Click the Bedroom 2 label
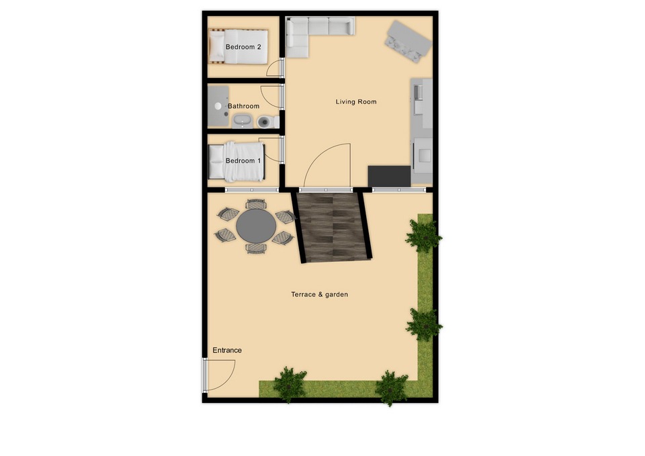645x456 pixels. pos(243,47)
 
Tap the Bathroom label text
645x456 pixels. pos(243,106)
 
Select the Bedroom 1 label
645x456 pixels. pos(243,161)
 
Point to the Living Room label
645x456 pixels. pos(356,102)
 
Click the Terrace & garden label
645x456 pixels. pos(319,294)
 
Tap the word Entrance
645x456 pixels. pos(227,351)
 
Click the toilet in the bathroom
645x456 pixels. pos(265,122)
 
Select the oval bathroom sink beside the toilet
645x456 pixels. pos(242,122)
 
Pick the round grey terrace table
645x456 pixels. pos(255,226)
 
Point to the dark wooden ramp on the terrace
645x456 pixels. pos(333,226)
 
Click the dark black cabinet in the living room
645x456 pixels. pos(389,176)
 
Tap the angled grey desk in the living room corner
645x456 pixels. pos(408,40)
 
